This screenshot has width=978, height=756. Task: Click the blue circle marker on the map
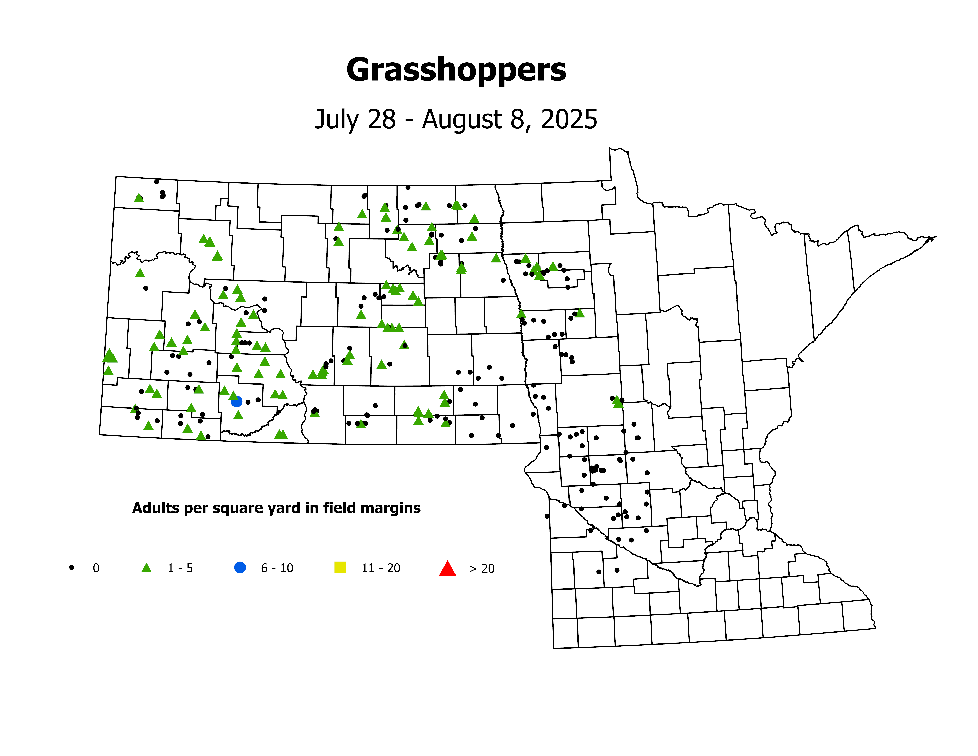tap(236, 401)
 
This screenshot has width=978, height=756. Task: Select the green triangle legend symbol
tap(146, 568)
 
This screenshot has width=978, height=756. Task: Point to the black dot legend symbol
tap(72, 567)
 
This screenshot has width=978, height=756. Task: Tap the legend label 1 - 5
tap(180, 568)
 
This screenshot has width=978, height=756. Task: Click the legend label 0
tap(96, 568)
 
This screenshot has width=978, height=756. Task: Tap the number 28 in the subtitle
tap(382, 120)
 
